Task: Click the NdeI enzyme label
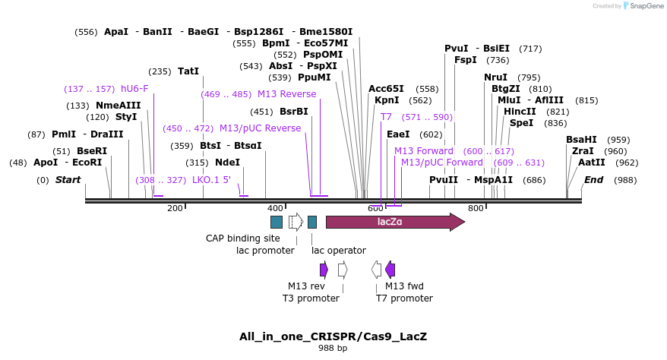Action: (228, 163)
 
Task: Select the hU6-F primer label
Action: (134, 89)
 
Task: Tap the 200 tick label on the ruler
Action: (175, 208)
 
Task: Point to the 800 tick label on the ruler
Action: (476, 208)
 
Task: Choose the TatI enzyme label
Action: (188, 71)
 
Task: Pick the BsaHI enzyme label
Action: (581, 140)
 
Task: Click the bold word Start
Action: (68, 180)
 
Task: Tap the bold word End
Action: (593, 180)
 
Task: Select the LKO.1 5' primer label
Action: (210, 180)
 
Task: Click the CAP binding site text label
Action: (237, 238)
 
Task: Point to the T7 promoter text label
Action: (404, 298)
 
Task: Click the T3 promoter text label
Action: (311, 298)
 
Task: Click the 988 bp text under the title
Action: (333, 349)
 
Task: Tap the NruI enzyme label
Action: (495, 77)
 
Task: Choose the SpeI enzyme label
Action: (521, 123)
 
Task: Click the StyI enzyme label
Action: (126, 117)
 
